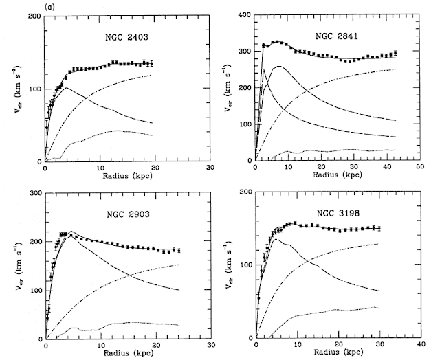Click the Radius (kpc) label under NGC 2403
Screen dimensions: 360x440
126,177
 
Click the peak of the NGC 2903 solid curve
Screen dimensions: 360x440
71,231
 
